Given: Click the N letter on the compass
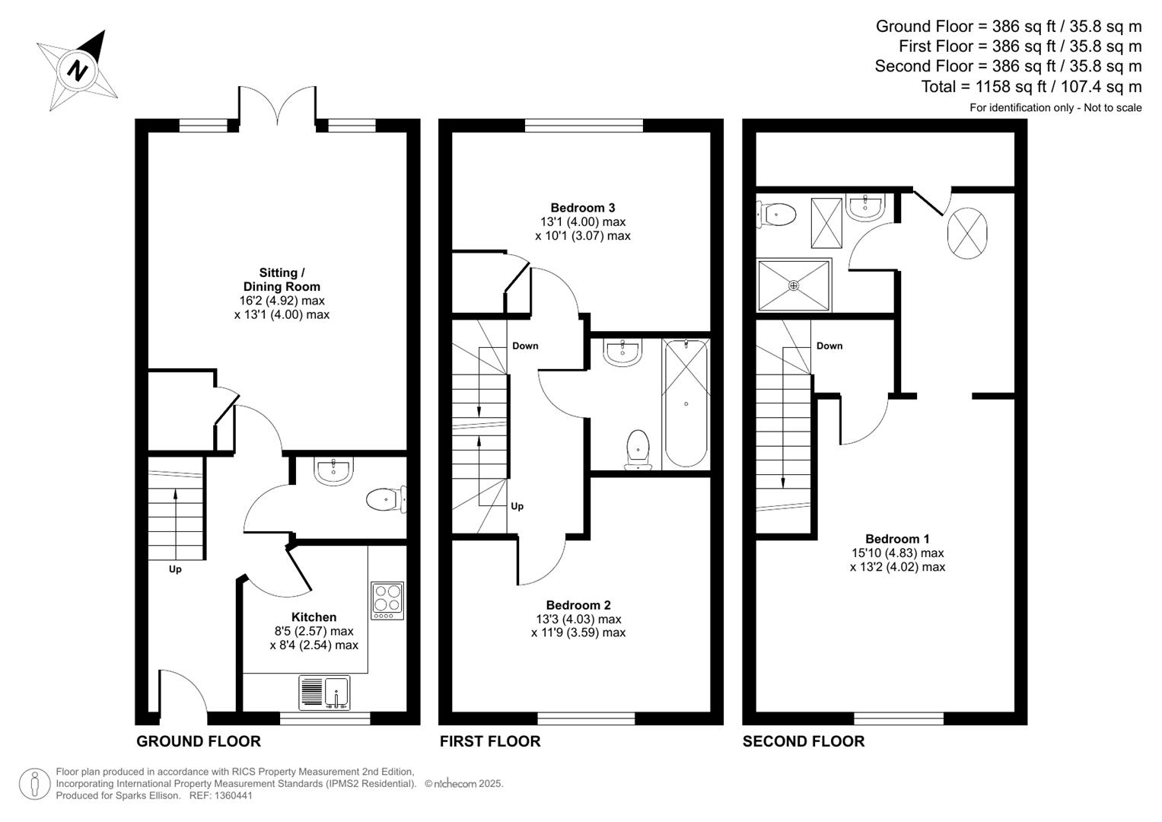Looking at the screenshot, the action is click(x=78, y=70).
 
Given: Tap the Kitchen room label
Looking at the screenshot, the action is click(x=314, y=617).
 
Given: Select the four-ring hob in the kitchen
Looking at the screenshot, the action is click(x=387, y=601).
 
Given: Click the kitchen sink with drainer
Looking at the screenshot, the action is click(x=324, y=693).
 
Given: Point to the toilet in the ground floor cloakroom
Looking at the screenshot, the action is click(x=387, y=500).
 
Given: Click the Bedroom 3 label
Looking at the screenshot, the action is click(x=583, y=208).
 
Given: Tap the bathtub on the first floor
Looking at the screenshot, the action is click(x=686, y=403).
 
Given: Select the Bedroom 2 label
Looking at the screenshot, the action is click(x=578, y=605).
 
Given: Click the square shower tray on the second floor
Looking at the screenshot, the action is click(x=794, y=285).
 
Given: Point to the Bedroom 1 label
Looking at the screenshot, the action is click(x=897, y=539).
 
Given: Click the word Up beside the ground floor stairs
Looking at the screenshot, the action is click(x=175, y=569).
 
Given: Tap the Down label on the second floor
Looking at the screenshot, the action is click(x=829, y=346).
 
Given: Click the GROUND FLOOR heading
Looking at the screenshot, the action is click(x=199, y=741).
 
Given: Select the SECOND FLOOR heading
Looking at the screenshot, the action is click(x=804, y=741).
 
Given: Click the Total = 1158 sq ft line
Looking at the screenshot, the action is click(x=1031, y=86).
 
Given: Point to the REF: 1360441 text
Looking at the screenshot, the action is click(x=221, y=795).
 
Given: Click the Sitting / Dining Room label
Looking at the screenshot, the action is click(x=282, y=280).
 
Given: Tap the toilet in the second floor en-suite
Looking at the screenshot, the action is click(x=776, y=215).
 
